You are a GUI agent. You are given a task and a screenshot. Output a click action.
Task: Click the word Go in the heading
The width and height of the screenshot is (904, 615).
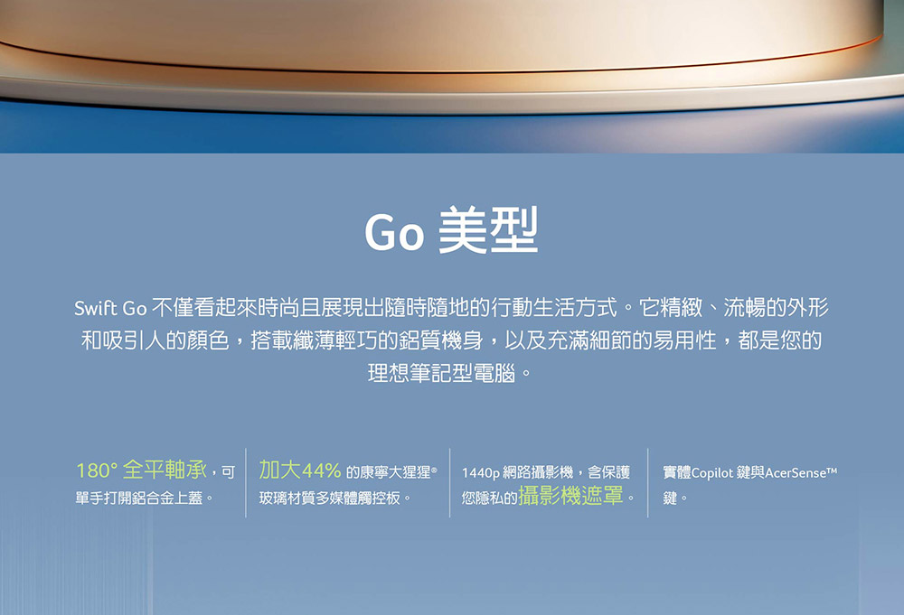[x=394, y=232]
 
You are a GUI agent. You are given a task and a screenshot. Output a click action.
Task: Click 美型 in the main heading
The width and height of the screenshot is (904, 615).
[x=488, y=229]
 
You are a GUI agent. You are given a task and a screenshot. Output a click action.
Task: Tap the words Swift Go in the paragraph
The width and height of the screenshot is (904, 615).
[x=110, y=309]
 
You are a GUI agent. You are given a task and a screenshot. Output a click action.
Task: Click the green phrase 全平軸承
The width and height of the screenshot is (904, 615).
[x=165, y=470]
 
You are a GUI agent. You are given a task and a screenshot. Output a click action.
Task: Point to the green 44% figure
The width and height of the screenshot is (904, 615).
[x=321, y=471]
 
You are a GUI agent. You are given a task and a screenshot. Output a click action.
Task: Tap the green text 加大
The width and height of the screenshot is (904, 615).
[x=280, y=470]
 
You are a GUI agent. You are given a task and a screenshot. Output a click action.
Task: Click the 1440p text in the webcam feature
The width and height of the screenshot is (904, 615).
[x=481, y=473]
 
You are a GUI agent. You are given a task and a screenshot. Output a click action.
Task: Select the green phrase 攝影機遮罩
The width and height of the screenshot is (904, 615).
[x=570, y=495]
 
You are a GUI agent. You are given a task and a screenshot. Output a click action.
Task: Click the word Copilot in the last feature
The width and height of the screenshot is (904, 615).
[x=712, y=473]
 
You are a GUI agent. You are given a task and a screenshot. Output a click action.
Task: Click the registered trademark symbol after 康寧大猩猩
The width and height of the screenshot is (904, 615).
[x=434, y=469]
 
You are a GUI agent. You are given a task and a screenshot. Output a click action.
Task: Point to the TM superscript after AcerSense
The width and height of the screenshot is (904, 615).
[x=832, y=470]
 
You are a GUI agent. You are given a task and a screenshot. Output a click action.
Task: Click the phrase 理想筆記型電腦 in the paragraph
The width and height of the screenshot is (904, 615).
[x=442, y=374]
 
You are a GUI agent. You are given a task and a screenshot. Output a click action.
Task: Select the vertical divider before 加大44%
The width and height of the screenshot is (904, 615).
[x=246, y=482]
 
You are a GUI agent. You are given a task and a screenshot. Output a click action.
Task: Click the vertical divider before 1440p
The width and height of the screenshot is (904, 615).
[x=449, y=482]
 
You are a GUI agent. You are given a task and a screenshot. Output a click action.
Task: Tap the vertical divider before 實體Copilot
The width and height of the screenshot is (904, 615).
[x=648, y=482]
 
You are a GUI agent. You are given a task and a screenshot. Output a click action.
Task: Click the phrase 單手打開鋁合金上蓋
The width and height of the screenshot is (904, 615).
[x=139, y=499]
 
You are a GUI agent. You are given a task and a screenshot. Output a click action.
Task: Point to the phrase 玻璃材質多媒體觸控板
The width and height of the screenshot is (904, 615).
[x=330, y=499]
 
